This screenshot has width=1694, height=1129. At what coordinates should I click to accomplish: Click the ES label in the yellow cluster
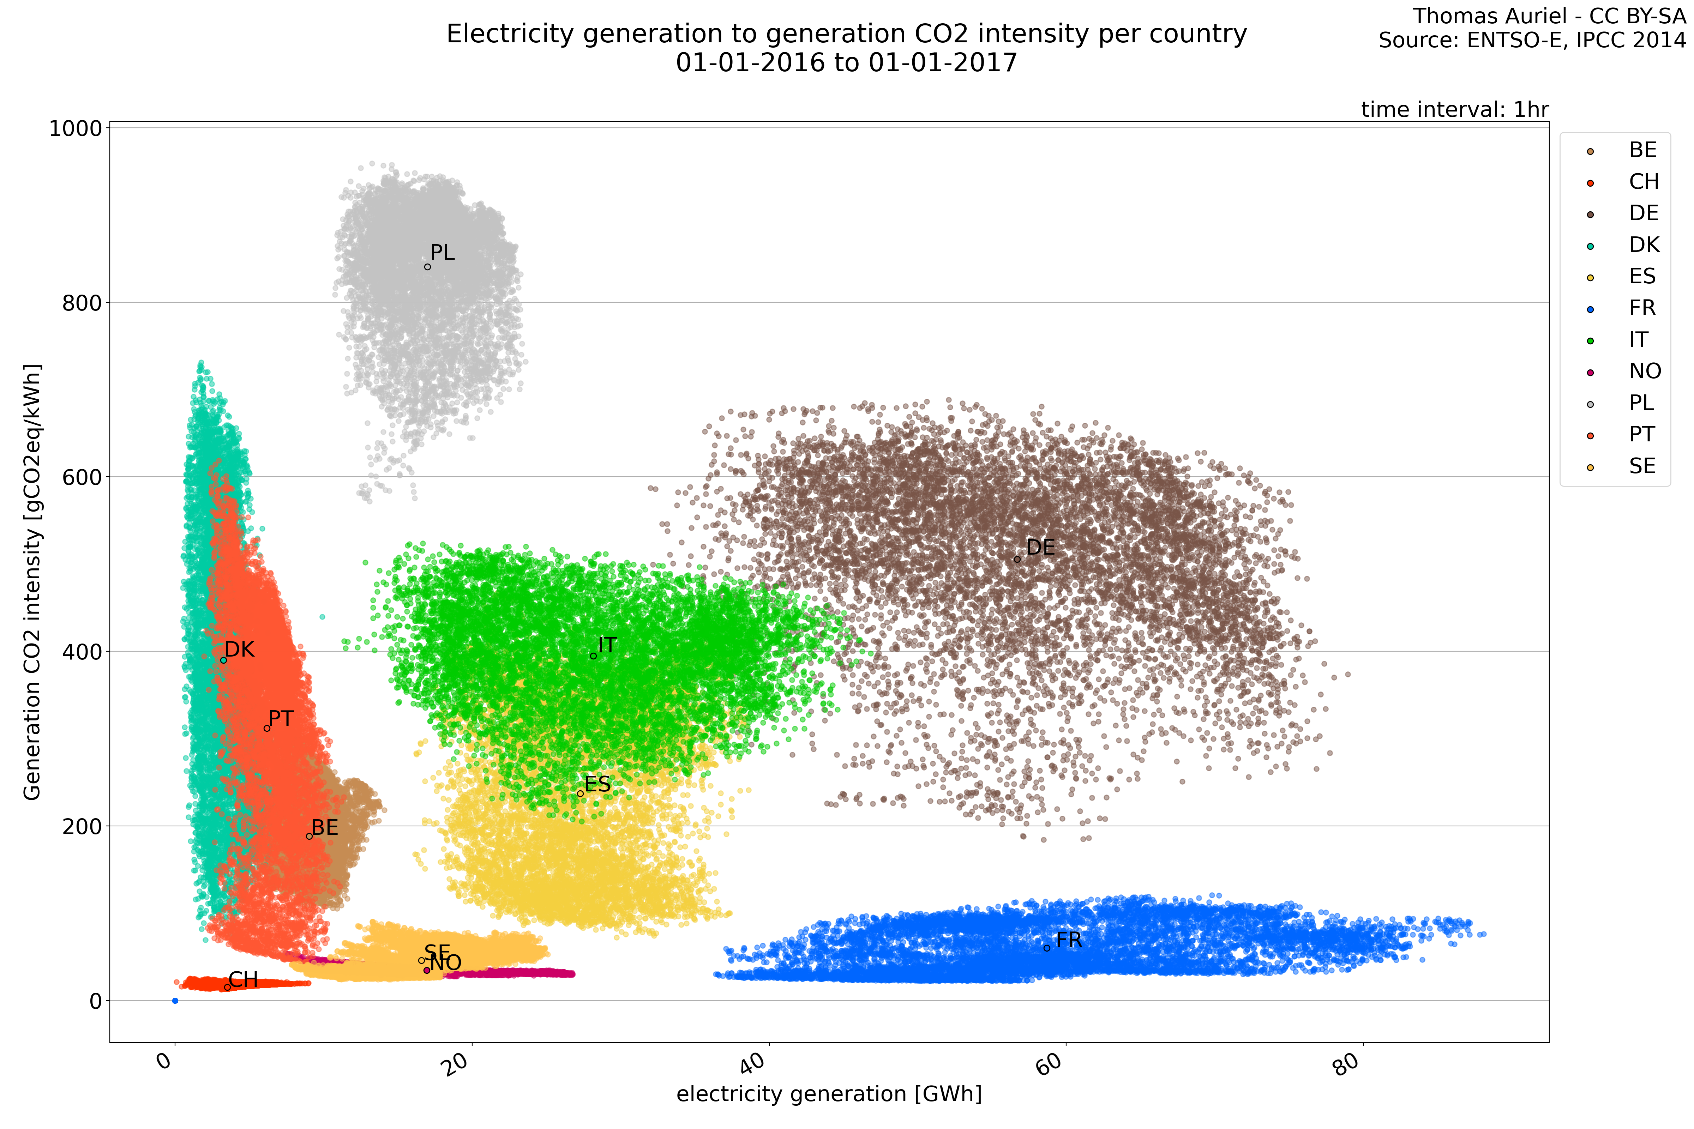tap(597, 784)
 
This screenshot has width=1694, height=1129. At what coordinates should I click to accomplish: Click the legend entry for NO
tap(1645, 372)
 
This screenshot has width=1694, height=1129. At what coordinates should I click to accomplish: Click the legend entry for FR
tap(1642, 308)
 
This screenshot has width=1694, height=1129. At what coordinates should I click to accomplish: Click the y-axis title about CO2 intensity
tap(32, 582)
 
